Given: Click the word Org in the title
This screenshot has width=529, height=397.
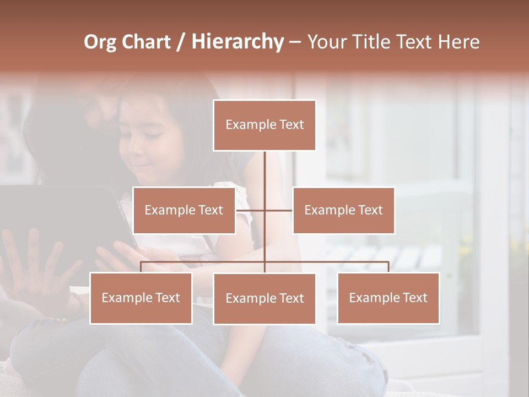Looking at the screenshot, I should coord(100,42).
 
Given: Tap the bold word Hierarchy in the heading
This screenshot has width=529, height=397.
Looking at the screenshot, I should coord(237,42).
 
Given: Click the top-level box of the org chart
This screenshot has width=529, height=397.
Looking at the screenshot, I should coord(264,125).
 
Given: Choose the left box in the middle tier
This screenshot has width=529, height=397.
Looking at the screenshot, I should coord(184,210).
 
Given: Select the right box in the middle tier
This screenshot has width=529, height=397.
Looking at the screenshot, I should coord(344,210).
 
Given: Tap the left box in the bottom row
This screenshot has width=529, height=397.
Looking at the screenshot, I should coord(141,298).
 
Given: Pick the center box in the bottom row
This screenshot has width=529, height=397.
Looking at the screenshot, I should coord(264,298).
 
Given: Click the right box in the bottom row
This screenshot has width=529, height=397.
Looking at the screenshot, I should coord(388,298).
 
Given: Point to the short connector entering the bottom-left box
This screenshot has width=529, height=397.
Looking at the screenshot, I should coord(141,267).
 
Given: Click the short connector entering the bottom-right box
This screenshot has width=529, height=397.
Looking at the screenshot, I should coord(388,267).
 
